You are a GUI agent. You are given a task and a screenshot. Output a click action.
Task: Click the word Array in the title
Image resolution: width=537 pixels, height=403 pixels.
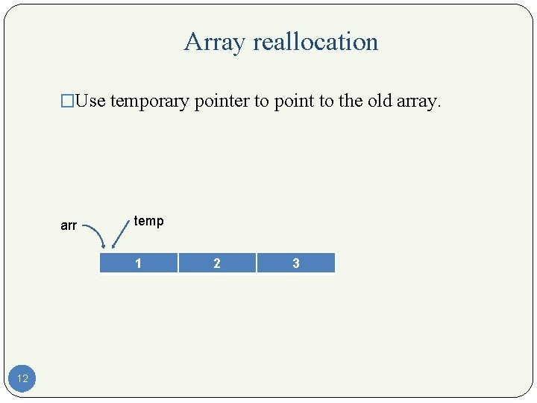215,43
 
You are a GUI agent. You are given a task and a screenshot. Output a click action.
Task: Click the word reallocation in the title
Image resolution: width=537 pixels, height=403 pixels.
315,42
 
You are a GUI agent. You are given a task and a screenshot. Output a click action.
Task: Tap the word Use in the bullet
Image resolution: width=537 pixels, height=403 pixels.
90,101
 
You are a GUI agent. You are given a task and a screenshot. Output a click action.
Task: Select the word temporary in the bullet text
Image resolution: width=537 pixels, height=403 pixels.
150,101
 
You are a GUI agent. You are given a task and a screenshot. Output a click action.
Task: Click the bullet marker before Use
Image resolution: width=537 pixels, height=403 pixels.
68,101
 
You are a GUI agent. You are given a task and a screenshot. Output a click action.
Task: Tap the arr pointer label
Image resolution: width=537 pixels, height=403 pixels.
69,225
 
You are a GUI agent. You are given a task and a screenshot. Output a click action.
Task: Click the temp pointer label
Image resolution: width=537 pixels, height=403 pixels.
148,221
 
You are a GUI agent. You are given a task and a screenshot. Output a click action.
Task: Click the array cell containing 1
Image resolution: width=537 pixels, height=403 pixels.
138,263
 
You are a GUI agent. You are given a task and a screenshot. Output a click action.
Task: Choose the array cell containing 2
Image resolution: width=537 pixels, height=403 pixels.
217,263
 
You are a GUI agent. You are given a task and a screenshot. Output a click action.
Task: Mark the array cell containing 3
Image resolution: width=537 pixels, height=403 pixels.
296,263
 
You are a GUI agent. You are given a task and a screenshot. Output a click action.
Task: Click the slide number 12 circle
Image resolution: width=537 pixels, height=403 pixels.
22,378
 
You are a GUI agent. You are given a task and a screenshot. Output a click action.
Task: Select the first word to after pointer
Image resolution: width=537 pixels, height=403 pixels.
262,101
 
